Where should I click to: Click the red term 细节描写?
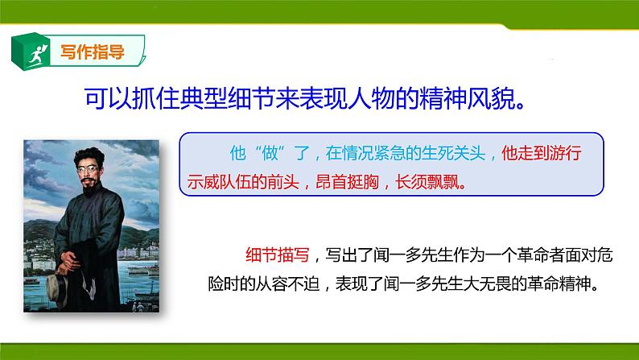pos(273,257)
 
